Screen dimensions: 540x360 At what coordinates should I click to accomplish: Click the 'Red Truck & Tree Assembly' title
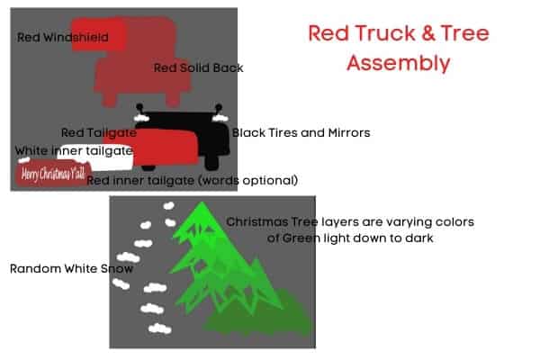[399, 48]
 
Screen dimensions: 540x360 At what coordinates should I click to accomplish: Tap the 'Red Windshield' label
[63, 37]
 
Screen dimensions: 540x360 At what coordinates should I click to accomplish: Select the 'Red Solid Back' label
[198, 67]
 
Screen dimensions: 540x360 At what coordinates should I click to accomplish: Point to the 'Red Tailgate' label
[98, 132]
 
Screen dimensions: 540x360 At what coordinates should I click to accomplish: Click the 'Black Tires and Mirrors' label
[301, 132]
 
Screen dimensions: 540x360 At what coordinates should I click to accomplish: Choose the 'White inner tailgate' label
[74, 150]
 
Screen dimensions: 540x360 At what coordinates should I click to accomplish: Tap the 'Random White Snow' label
[71, 269]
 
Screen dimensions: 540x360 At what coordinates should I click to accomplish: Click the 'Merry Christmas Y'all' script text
[53, 174]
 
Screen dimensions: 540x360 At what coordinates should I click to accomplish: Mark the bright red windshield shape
[99, 34]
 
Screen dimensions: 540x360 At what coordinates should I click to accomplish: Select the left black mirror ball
[139, 107]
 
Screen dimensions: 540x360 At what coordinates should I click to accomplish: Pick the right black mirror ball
[219, 107]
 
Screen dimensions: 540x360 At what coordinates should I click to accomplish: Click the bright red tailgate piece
[166, 148]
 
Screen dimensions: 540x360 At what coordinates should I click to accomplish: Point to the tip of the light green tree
[201, 202]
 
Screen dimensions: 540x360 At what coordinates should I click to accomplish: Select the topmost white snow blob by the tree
[169, 206]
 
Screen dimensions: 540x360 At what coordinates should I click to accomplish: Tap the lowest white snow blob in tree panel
[160, 328]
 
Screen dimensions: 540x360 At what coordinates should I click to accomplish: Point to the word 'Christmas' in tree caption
[257, 222]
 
